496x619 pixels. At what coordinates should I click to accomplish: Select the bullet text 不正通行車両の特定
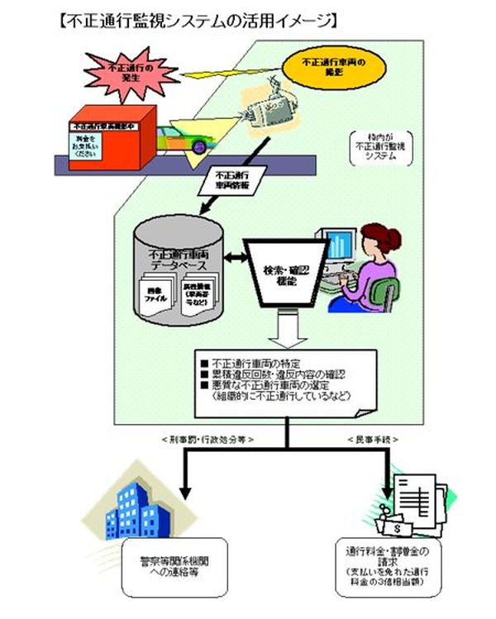coord(255,361)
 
